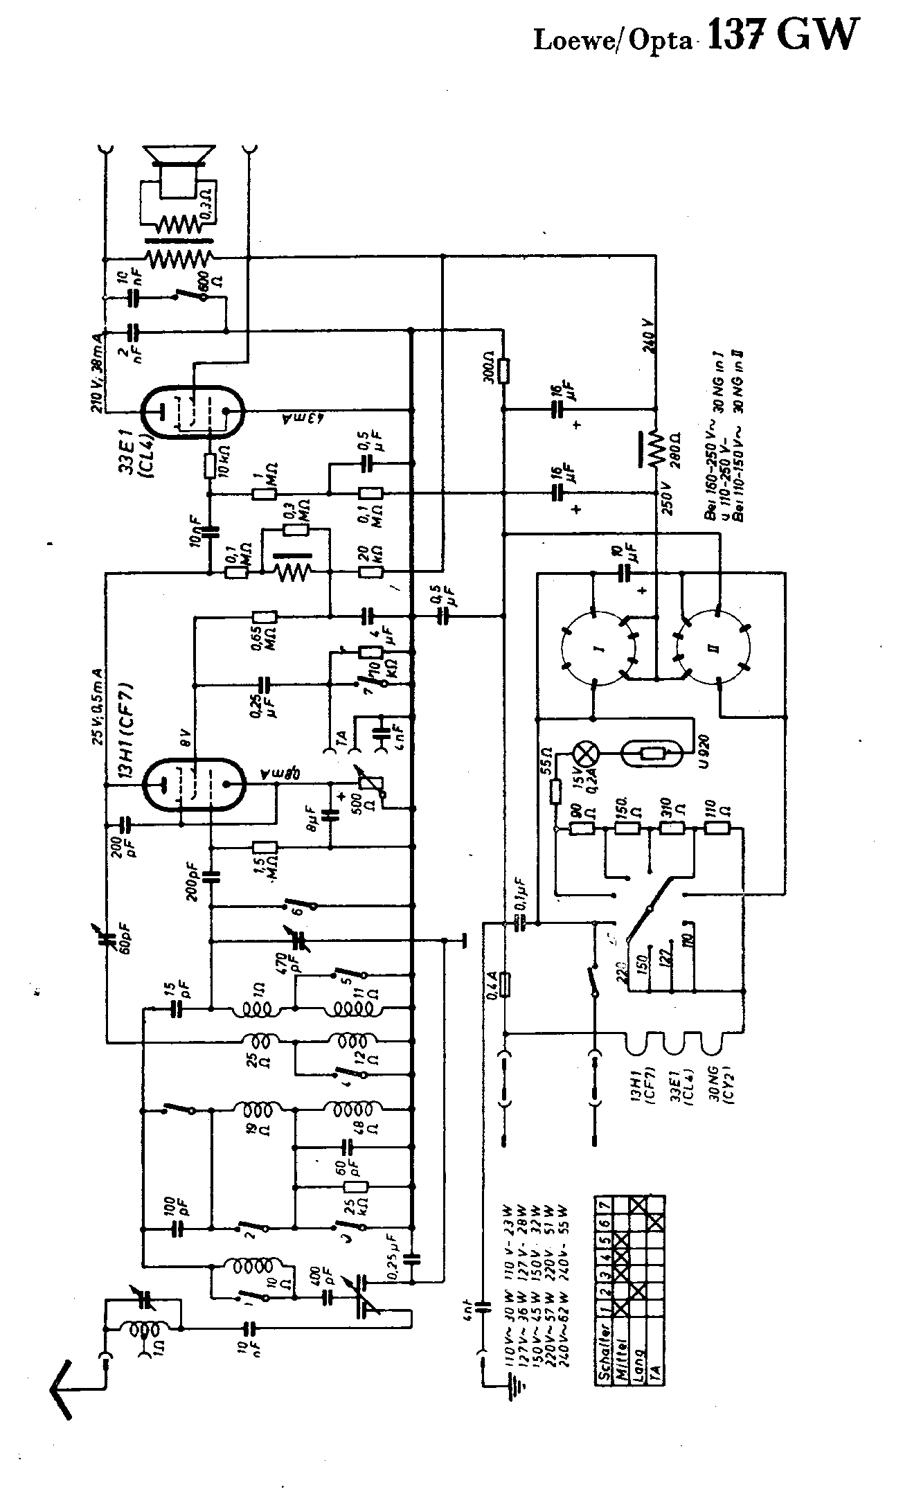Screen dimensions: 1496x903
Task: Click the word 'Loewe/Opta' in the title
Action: pyautogui.click(x=613, y=41)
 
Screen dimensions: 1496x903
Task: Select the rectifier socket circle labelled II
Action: pyautogui.click(x=717, y=648)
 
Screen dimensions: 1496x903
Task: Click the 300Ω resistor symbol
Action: pyautogui.click(x=503, y=371)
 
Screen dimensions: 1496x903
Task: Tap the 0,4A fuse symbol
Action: pyautogui.click(x=505, y=984)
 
